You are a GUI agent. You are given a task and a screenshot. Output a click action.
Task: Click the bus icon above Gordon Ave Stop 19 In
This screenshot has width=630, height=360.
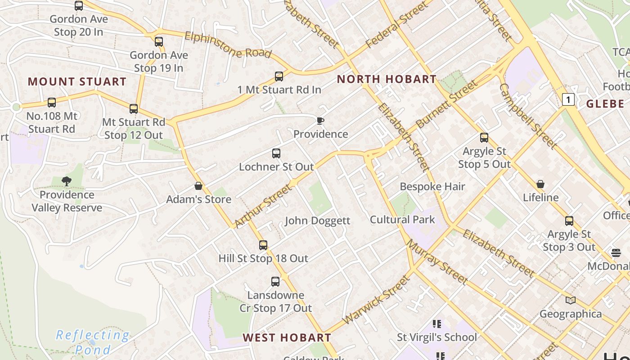pos(159,42)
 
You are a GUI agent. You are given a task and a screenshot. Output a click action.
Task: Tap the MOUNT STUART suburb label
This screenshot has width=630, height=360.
pos(77,82)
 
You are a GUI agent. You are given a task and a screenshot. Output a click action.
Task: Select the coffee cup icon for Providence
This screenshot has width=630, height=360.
pos(320,121)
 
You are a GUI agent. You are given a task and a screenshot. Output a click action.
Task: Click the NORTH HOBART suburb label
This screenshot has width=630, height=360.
pos(387,80)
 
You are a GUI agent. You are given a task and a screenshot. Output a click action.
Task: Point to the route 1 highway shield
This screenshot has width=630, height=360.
pos(569,99)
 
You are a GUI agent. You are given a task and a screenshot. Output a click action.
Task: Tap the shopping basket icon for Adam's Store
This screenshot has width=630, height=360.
pos(198,186)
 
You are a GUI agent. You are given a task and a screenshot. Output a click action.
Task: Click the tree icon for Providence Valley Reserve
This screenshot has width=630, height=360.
pos(67,181)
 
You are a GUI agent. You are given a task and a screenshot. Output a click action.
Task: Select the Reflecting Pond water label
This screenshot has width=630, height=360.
pos(93,342)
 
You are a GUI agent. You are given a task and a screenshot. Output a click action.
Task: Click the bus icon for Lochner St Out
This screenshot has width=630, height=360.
pos(276,153)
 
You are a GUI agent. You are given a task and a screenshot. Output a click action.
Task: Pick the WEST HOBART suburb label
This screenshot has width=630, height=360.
pos(287,337)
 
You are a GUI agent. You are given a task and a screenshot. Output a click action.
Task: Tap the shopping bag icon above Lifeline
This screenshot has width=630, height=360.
pos(540,184)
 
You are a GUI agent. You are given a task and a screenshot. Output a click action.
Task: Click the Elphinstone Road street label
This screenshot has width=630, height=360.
pos(228,45)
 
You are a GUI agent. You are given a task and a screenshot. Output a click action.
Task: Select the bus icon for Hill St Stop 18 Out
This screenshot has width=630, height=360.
pos(263,245)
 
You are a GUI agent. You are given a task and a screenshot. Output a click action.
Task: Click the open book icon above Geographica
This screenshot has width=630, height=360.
pos(571,300)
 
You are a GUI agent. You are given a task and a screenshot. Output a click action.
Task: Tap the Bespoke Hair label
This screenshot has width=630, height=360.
pos(432,186)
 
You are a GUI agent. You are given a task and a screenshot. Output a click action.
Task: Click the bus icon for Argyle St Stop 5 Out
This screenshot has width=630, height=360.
pos(484,138)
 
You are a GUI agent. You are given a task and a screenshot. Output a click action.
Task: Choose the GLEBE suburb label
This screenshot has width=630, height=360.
pos(605,104)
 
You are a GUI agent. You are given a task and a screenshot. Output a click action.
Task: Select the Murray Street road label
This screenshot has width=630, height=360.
pos(437,262)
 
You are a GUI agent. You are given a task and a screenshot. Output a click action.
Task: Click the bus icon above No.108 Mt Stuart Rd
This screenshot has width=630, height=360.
pos(52,103)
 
